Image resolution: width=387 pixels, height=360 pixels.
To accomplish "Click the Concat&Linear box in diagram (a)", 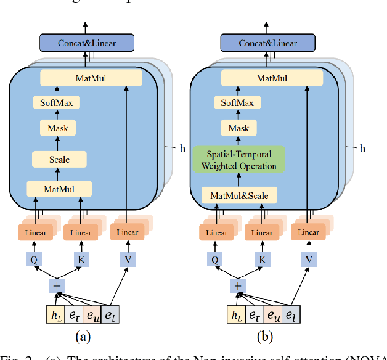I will point(87,43).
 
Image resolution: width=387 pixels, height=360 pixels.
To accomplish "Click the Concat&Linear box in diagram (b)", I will point(267,43).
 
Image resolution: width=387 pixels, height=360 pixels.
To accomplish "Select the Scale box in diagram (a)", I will point(59,160).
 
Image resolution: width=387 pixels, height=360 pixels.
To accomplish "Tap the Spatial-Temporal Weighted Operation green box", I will point(240,159).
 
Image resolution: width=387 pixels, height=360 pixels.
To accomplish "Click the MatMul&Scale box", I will point(240,196).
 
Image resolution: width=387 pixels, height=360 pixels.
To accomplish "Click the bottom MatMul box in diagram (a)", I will point(59,188).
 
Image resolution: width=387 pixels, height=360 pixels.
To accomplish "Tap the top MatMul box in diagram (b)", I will point(272,78).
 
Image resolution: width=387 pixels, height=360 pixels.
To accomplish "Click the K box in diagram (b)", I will point(262,260).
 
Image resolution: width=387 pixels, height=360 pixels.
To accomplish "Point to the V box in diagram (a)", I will point(128,260).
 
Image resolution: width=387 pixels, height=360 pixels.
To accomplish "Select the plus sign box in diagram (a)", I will point(57,285).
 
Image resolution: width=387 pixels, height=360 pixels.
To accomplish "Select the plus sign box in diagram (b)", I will point(237,285).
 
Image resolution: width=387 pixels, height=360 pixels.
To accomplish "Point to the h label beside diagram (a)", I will point(182,148).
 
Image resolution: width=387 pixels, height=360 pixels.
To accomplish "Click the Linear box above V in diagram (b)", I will point(308,232).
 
